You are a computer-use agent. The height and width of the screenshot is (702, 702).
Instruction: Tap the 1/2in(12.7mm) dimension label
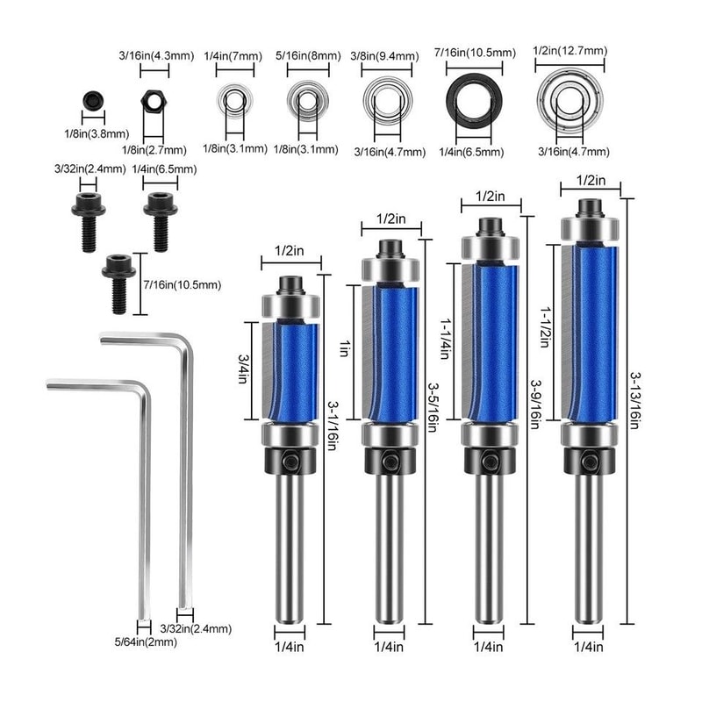[x=569, y=51]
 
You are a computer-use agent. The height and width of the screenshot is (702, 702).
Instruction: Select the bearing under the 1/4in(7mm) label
[x=233, y=104]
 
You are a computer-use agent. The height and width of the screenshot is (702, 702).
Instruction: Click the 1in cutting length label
[x=344, y=349]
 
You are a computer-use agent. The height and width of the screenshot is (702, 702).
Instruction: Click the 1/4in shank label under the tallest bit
[x=588, y=648]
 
